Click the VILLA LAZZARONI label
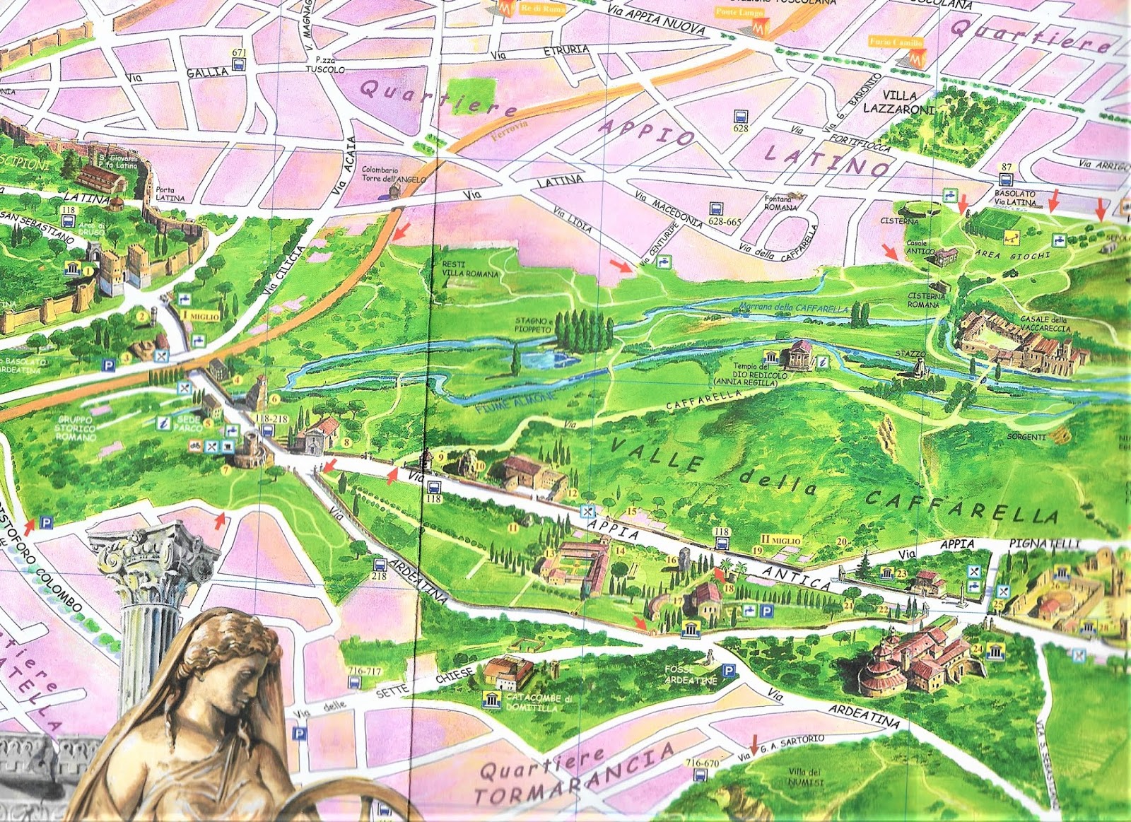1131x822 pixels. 899,102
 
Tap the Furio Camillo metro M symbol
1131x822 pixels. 916,59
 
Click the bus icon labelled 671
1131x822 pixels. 239,64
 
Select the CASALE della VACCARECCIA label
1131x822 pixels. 1044,324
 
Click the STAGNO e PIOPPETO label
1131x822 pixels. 533,325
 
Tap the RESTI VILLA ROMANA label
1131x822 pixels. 469,269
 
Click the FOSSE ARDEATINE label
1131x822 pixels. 690,674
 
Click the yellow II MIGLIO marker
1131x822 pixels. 780,540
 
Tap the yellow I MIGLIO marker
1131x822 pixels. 201,316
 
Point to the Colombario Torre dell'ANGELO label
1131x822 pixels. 393,175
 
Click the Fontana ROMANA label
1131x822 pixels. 780,203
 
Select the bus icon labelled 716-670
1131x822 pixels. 700,775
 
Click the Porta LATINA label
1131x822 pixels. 170,194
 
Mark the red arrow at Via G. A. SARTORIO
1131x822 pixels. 754,744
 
